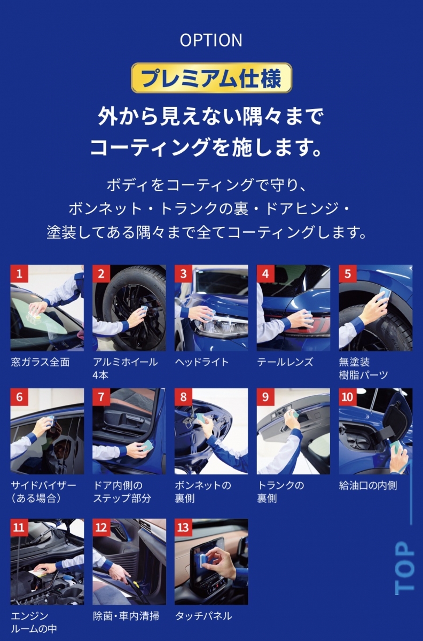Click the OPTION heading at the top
coord(211,40)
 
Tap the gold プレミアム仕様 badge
coord(211,78)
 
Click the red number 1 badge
coord(19,273)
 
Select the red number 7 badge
coord(101,397)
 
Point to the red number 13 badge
coord(183,527)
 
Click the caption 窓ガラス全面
coord(41,362)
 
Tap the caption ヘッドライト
coord(202,362)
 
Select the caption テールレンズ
coord(285,362)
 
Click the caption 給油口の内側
coord(368,486)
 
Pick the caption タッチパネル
coord(203,616)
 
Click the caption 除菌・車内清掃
coord(126,616)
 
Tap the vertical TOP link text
coord(404,568)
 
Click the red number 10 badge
coord(348,397)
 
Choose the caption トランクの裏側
coord(280,491)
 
